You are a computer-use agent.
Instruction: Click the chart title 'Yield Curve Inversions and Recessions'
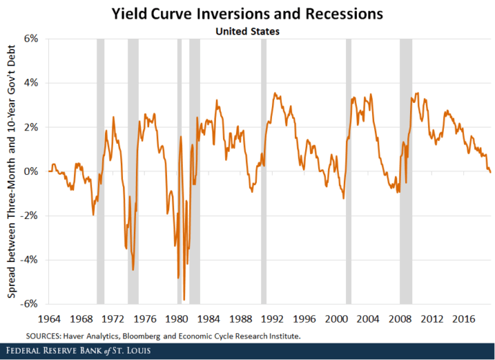tap(247, 14)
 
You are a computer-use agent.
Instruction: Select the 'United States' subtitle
tap(247, 31)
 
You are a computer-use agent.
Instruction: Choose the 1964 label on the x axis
tap(49, 318)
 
